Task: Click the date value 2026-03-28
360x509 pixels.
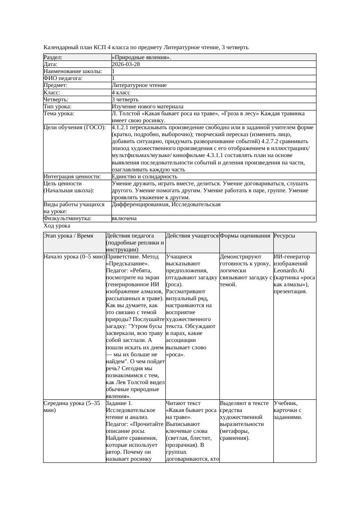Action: pyautogui.click(x=126, y=64)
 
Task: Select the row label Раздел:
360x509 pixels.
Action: pyautogui.click(x=53, y=57)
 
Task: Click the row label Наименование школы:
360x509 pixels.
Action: pyautogui.click(x=73, y=71)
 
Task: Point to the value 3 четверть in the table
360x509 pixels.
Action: pyautogui.click(x=125, y=100)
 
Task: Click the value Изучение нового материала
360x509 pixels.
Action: pyautogui.click(x=147, y=107)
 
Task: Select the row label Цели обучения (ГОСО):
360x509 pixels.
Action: pyautogui.click(x=74, y=128)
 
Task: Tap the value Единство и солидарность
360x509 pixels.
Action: pyautogui.click(x=144, y=177)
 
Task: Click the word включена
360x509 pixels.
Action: pyautogui.click(x=124, y=218)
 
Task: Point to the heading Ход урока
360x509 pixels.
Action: pyautogui.click(x=57, y=226)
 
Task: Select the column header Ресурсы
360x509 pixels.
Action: pyautogui.click(x=284, y=236)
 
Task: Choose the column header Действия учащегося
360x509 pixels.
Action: pyautogui.click(x=192, y=236)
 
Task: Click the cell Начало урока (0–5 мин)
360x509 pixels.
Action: pyautogui.click(x=74, y=257)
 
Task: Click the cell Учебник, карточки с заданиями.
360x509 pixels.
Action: pyautogui.click(x=288, y=410)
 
